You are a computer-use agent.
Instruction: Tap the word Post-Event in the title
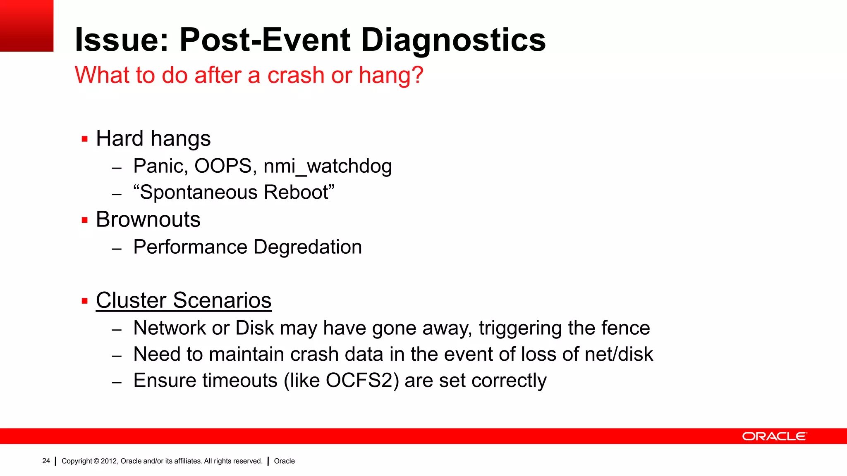coord(265,40)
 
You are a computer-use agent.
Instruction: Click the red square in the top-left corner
coord(26,26)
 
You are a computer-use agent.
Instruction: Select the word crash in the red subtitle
coord(295,75)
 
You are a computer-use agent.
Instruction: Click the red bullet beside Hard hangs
coord(85,139)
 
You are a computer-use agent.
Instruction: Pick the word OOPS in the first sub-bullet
coord(223,166)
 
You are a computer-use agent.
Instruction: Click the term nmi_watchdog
coord(328,167)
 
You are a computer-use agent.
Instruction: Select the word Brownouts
coord(148,219)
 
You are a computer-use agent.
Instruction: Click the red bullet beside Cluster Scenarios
coord(85,301)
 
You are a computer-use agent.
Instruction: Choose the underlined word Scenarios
coord(222,300)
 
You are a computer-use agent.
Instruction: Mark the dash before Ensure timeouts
coord(117,382)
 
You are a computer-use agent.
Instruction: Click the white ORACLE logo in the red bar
coord(774,436)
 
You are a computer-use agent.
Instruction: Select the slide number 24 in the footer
coord(46,461)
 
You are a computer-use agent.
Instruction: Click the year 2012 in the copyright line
coord(109,461)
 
